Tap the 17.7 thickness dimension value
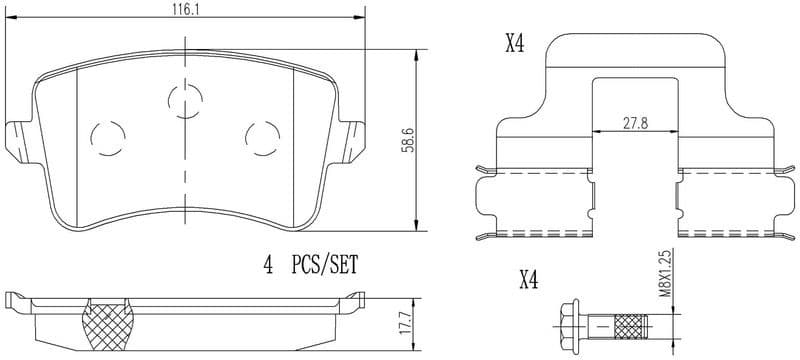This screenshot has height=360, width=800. [406, 322]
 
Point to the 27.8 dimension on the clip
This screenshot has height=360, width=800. [632, 122]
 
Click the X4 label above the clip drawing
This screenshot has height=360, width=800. [514, 44]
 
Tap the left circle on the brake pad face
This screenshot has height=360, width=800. [106, 136]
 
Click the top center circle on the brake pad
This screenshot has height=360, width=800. [183, 100]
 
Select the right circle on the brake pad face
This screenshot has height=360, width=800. [262, 136]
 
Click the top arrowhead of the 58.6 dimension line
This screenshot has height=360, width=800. [416, 54]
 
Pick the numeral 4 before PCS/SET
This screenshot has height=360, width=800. [267, 266]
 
